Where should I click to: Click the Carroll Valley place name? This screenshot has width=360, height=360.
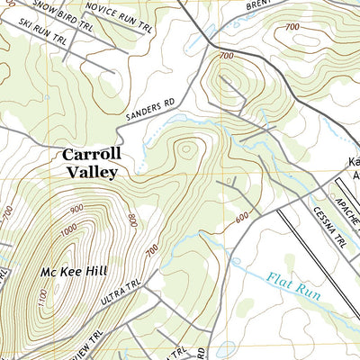point(90,163)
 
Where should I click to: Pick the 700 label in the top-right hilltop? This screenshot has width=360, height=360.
point(291,27)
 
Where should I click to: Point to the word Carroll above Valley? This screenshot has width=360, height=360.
point(91,154)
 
